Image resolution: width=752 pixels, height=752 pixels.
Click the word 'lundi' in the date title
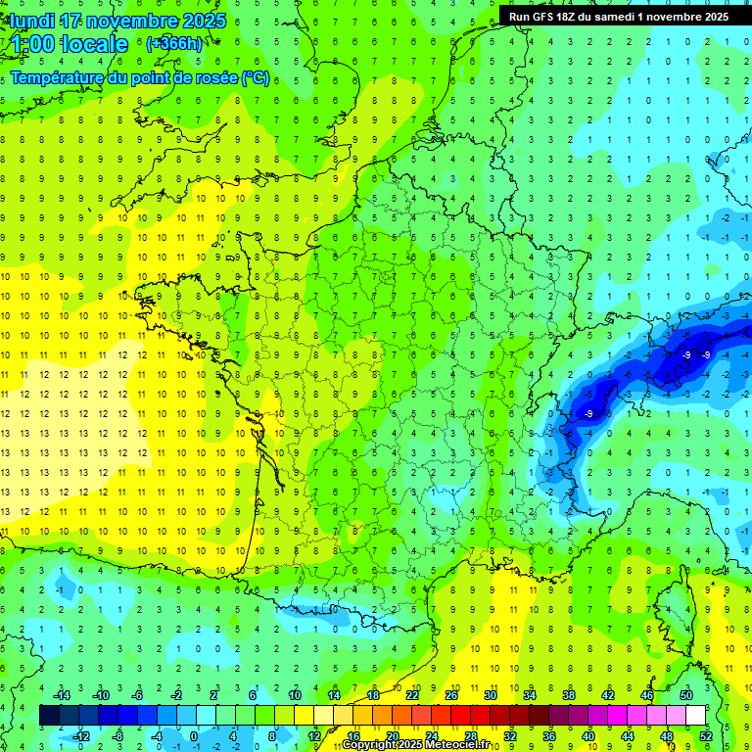tap(31, 21)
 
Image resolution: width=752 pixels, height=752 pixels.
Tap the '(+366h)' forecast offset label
tap(174, 44)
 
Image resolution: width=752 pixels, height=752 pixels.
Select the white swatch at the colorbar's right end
tap(695, 716)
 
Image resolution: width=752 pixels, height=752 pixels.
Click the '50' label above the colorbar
tap(685, 695)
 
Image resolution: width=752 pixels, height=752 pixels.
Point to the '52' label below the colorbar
tap(705, 736)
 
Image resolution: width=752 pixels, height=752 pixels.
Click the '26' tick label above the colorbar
tap(451, 695)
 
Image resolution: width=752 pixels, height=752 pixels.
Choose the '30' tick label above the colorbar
tap(491, 695)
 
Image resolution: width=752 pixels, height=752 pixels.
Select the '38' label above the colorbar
tap(569, 695)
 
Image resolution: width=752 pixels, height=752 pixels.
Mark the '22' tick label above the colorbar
tap(412, 695)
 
